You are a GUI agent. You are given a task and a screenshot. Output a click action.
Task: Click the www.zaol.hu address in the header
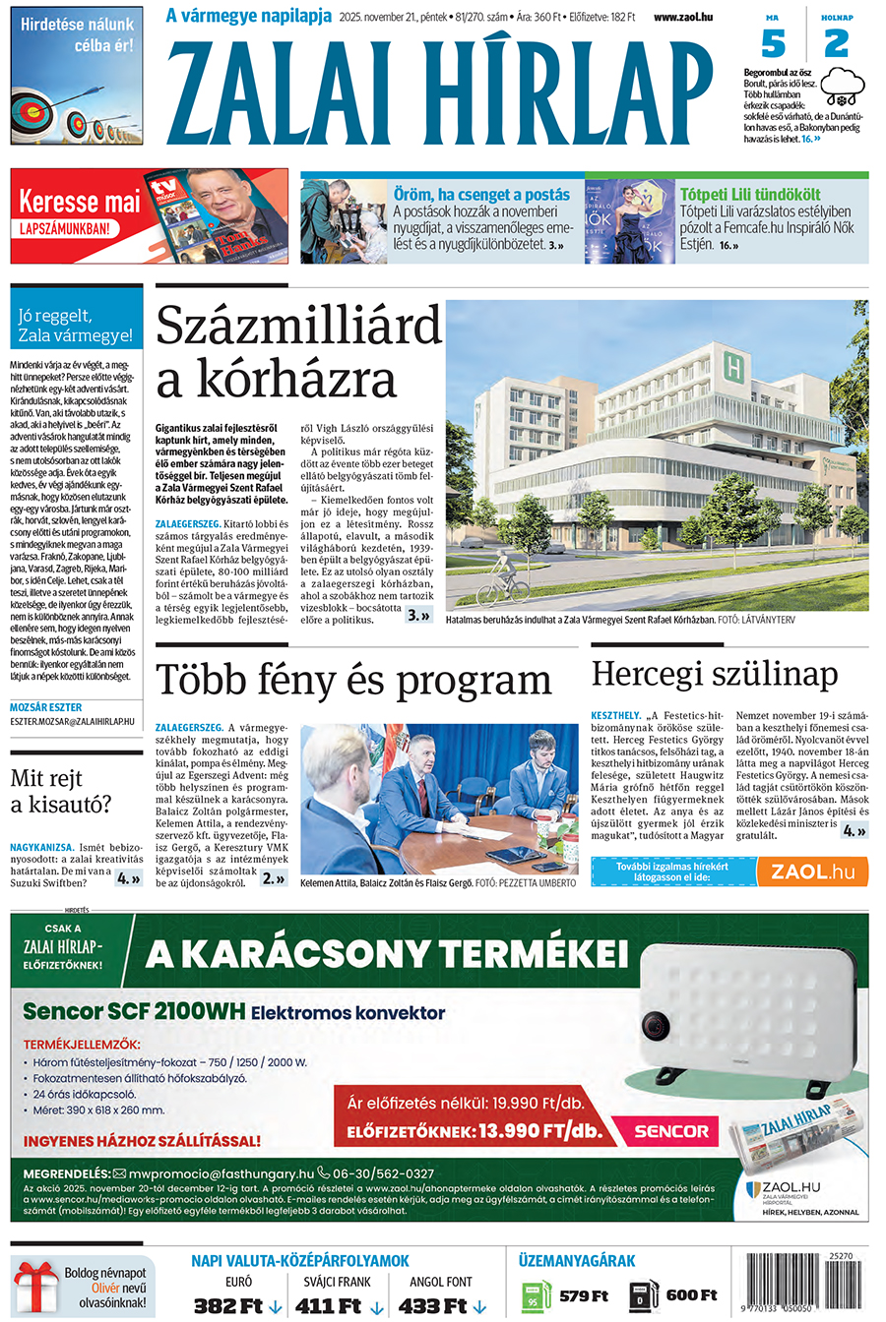click(x=682, y=17)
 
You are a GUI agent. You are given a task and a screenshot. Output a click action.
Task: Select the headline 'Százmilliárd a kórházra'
click(x=297, y=351)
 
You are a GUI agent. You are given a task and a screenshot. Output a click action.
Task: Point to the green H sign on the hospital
click(x=732, y=366)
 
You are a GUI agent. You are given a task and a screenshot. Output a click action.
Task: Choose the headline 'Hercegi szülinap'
click(x=715, y=675)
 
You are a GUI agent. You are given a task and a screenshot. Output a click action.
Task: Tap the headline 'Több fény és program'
click(x=353, y=681)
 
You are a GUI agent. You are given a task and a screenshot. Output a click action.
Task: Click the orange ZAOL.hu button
click(x=812, y=871)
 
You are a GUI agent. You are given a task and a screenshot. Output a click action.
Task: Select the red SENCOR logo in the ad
click(x=671, y=1131)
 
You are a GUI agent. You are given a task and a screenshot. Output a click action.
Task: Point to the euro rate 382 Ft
click(x=228, y=1306)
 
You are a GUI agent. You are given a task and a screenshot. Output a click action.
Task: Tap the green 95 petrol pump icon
click(x=535, y=1295)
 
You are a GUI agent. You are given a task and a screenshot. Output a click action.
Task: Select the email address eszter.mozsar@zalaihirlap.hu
click(x=73, y=721)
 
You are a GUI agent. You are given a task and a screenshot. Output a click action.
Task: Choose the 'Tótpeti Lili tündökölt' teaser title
click(x=750, y=195)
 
